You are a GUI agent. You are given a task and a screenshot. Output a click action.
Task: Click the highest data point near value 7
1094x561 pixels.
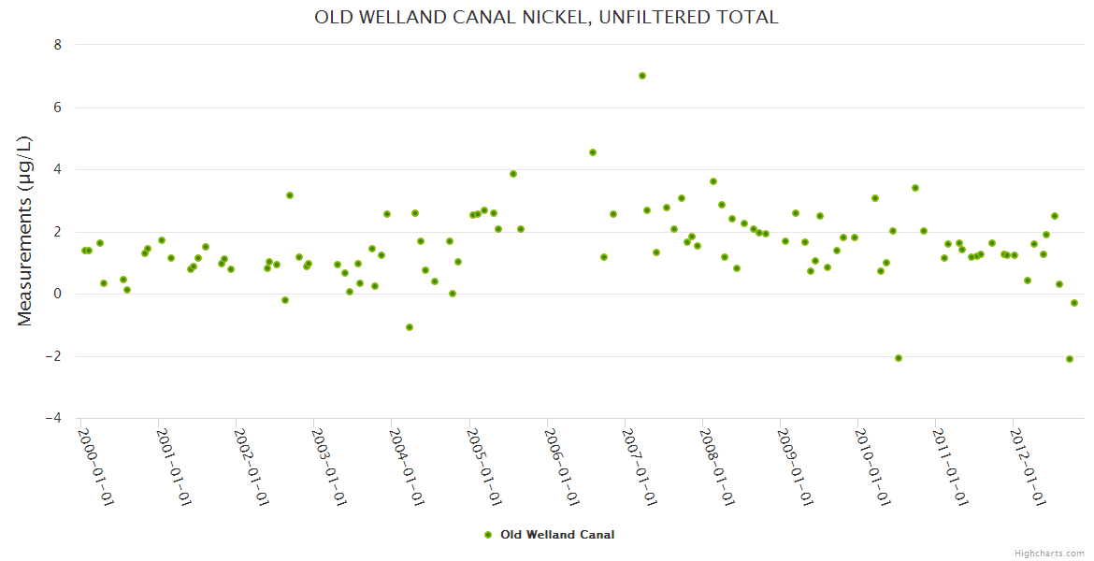pos(642,76)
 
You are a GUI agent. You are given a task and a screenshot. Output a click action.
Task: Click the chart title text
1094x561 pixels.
pos(546,18)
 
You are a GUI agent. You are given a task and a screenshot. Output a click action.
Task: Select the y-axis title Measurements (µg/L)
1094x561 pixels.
pos(25,231)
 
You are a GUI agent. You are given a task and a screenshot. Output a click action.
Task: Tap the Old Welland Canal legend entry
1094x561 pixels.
pos(550,535)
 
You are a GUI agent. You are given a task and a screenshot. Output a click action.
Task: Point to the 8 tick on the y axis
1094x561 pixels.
pos(58,45)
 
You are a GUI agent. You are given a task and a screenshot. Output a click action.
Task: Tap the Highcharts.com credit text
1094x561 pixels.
pos(1049,553)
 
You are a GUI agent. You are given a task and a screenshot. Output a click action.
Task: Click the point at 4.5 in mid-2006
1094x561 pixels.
pos(593,152)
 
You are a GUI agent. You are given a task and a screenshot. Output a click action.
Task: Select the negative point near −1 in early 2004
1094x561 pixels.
pos(410,327)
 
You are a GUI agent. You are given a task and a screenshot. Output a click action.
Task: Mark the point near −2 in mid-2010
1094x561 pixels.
pos(899,358)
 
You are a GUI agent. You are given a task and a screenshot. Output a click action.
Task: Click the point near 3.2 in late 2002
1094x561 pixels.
pos(290,195)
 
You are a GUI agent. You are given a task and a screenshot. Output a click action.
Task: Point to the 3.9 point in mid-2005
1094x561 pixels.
pos(513,174)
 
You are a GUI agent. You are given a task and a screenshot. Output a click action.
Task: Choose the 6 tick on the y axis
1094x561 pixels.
pos(58,108)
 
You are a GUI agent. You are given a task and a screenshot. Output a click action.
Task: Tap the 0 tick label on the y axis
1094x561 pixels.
pos(58,295)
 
